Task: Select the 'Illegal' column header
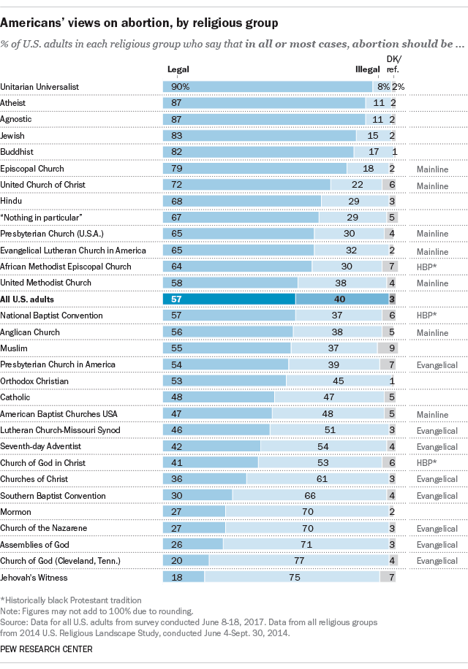[x=367, y=69]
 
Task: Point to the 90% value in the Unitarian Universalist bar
[x=181, y=86]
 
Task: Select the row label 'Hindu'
[x=12, y=201]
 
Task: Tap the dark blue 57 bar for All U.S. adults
[x=228, y=299]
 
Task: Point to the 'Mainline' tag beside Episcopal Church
[x=431, y=168]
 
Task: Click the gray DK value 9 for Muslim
[x=393, y=348]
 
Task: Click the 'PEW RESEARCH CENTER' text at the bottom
[x=45, y=648]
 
